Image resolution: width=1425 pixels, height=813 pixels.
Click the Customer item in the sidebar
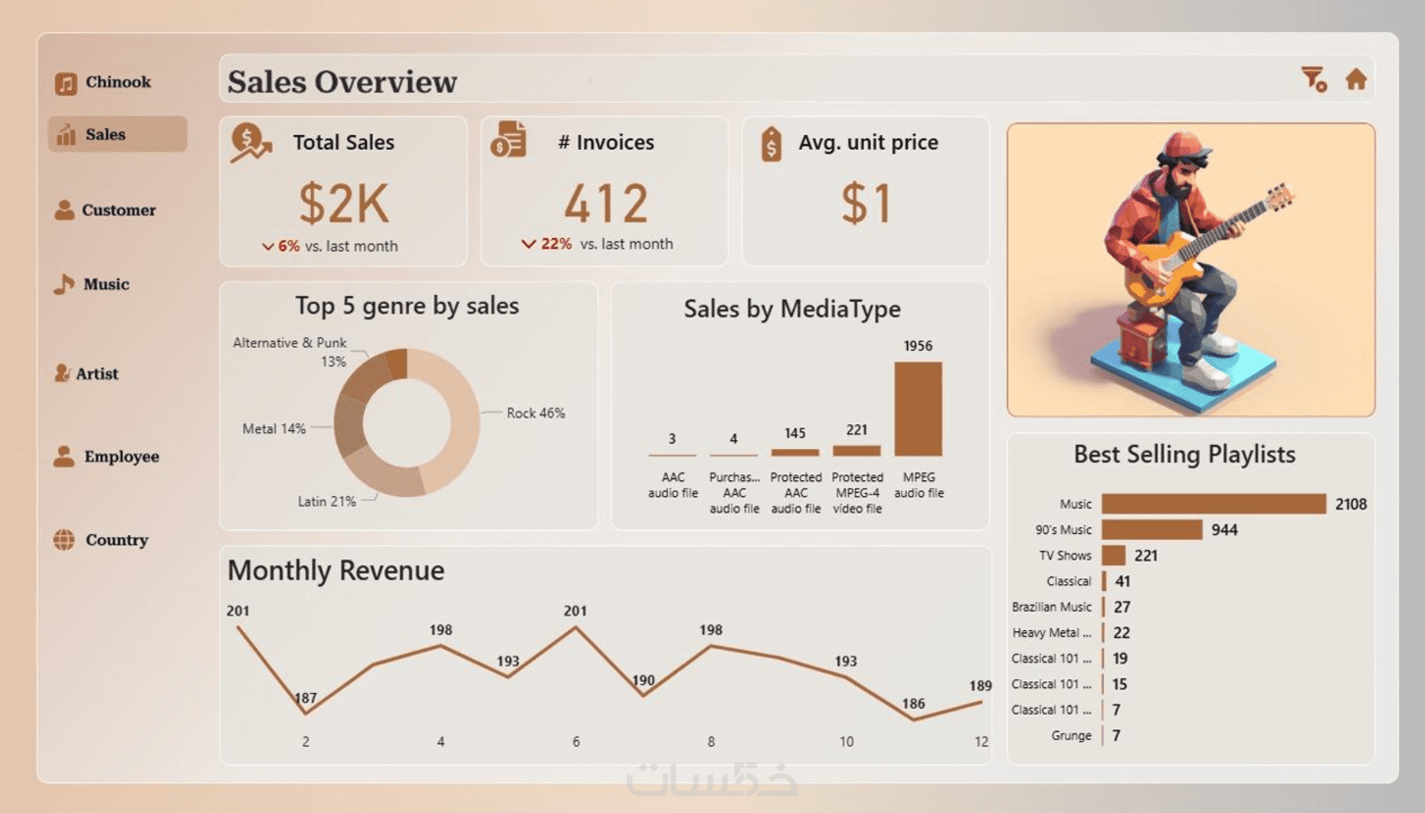[x=106, y=210]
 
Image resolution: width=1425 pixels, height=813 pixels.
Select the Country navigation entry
[x=102, y=540]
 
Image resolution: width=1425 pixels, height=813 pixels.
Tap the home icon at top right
[x=1355, y=80]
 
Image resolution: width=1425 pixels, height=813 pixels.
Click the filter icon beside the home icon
[x=1313, y=80]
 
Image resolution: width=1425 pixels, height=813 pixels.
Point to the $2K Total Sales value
[x=344, y=203]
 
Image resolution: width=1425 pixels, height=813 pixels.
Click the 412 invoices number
[x=606, y=203]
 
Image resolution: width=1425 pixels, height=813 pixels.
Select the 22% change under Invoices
[x=555, y=244]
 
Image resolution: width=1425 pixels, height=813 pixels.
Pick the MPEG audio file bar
[x=918, y=409]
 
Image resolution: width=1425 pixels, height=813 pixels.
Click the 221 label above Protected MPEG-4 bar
[x=857, y=430]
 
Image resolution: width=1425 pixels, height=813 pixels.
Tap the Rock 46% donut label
[x=536, y=413]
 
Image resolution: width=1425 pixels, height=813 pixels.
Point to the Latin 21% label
[x=327, y=501]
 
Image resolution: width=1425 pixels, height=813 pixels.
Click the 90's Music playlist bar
[x=1151, y=530]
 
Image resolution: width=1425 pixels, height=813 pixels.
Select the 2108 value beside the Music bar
[x=1350, y=504]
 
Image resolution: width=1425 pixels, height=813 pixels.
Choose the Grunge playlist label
[x=1071, y=736]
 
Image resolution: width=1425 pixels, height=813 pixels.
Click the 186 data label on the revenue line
[x=914, y=703]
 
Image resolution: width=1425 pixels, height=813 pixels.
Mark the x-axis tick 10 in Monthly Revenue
[x=847, y=742]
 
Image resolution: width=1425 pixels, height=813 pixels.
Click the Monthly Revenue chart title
[x=336, y=571]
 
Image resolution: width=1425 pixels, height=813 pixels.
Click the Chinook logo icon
[x=66, y=83]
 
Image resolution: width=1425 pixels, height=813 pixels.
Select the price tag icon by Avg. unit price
[x=771, y=144]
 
